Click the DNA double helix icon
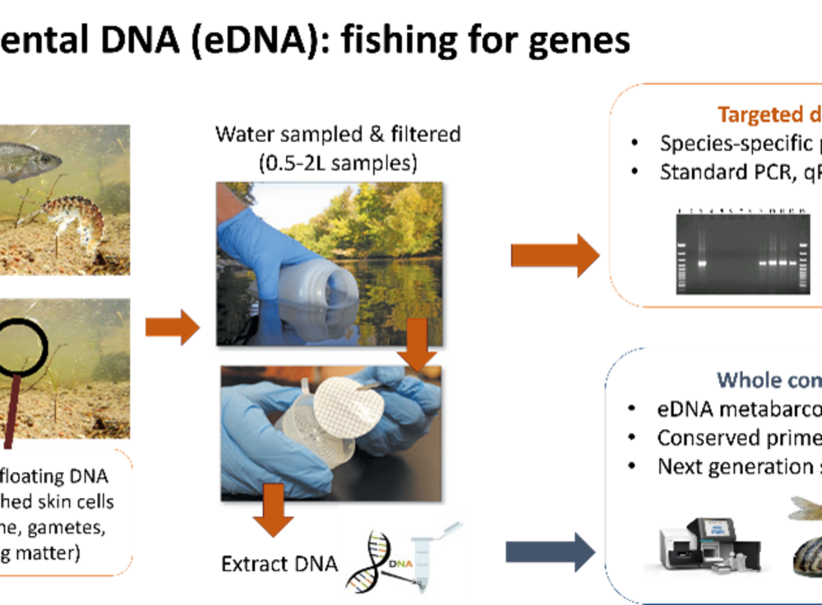click(x=369, y=560)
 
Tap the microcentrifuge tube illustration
click(x=424, y=559)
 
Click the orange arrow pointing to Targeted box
click(x=555, y=255)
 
